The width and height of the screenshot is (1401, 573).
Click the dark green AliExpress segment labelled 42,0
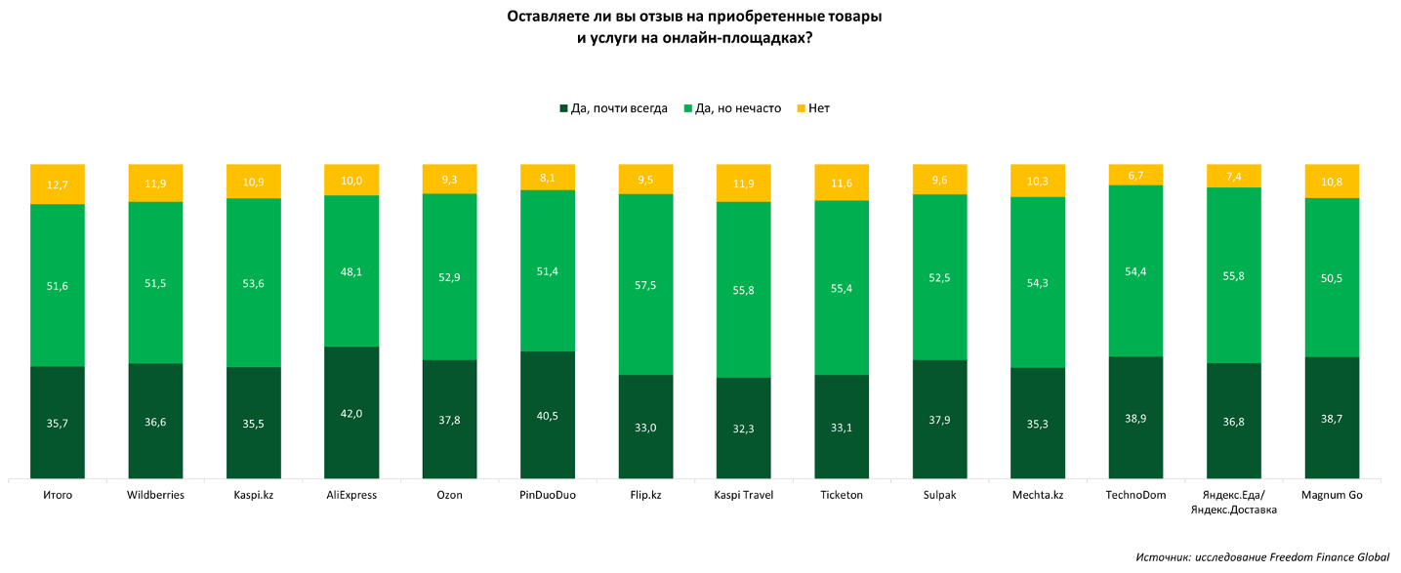pos(351,413)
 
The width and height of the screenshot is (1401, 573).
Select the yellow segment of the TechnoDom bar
pos(1135,175)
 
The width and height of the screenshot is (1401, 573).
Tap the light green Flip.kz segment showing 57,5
pos(646,285)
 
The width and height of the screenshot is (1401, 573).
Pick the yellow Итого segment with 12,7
pos(58,184)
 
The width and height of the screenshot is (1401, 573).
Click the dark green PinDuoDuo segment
pos(548,416)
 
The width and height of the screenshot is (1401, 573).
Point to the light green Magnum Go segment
pos(1333,278)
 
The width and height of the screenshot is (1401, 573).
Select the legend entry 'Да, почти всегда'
pos(613,108)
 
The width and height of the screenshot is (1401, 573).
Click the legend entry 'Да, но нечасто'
pos(732,108)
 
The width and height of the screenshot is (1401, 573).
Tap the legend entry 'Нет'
pos(813,108)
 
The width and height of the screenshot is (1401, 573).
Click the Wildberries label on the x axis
pos(156,495)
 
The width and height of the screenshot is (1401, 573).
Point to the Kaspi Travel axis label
pos(744,495)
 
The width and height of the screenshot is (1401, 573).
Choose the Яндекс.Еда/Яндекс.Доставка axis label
pos(1234,503)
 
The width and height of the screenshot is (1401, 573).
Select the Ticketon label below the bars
pos(842,495)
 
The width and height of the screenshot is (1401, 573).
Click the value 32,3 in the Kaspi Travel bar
pos(744,429)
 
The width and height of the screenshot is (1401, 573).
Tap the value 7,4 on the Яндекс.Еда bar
pos(1234,177)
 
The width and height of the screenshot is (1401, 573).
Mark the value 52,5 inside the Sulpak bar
pos(939,278)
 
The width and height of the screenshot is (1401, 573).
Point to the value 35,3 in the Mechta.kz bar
pos(1038,424)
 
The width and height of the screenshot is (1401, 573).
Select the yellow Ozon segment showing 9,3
pos(450,180)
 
